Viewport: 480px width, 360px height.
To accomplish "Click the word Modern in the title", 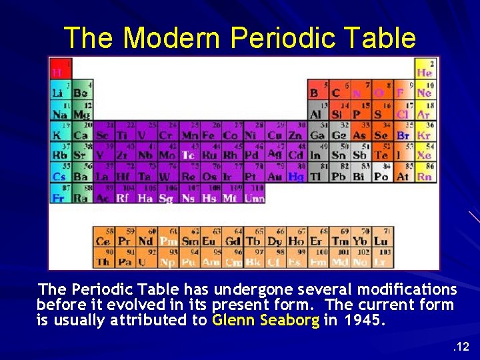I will (171, 38).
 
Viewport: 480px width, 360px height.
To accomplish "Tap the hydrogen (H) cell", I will (59, 69).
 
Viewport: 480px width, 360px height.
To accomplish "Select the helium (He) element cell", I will (424, 69).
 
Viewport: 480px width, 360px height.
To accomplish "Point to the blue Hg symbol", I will (295, 177).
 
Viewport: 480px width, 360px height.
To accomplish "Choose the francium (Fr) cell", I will (59, 198).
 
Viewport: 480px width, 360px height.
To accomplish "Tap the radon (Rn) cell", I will (424, 177).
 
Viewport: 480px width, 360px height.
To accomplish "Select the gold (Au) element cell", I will (274, 177).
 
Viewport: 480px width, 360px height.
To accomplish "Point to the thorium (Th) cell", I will (102, 260).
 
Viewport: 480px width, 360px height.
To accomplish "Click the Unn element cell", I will (254, 198).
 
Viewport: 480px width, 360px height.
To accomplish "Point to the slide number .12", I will (461, 346).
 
